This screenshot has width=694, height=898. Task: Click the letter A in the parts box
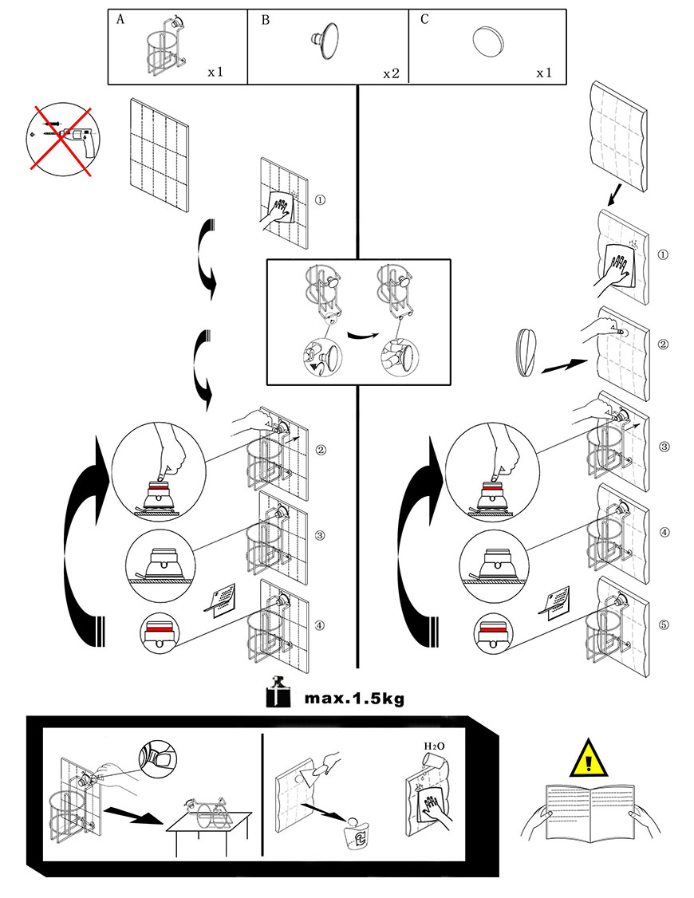click(120, 19)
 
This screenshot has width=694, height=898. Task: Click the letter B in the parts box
click(265, 20)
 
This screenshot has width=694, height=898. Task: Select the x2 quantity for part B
click(391, 74)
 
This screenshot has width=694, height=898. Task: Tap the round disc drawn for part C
click(488, 41)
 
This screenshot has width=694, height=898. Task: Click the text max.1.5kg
click(354, 698)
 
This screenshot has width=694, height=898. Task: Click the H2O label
click(434, 746)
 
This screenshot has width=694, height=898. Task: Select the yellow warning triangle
click(588, 758)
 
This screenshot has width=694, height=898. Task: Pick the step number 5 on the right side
click(664, 624)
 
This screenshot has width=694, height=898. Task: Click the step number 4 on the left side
click(320, 625)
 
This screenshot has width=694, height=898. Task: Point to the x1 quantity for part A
click(215, 72)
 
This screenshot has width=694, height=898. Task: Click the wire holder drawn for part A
click(165, 45)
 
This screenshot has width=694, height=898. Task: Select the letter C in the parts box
click(424, 19)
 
